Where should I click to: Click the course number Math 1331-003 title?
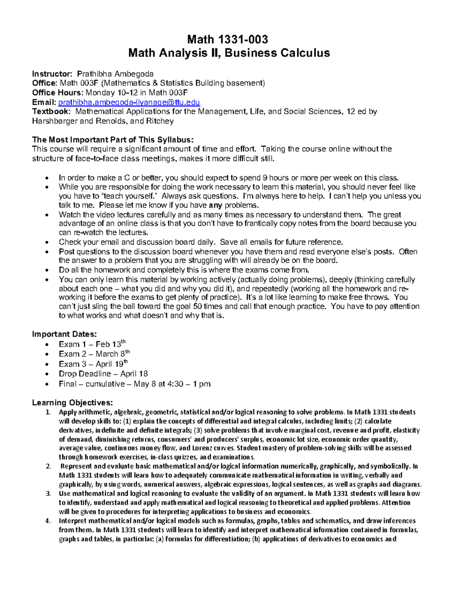click(228, 39)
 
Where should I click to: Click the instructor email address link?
click(129, 102)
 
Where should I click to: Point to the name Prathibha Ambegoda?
click(115, 74)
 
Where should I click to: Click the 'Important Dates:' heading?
click(64, 334)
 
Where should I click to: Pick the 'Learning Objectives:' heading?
click(72, 402)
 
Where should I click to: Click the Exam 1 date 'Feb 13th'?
click(110, 344)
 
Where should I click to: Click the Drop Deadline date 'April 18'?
click(134, 374)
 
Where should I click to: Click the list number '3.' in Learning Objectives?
click(48, 494)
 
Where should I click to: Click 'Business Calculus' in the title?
click(277, 53)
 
